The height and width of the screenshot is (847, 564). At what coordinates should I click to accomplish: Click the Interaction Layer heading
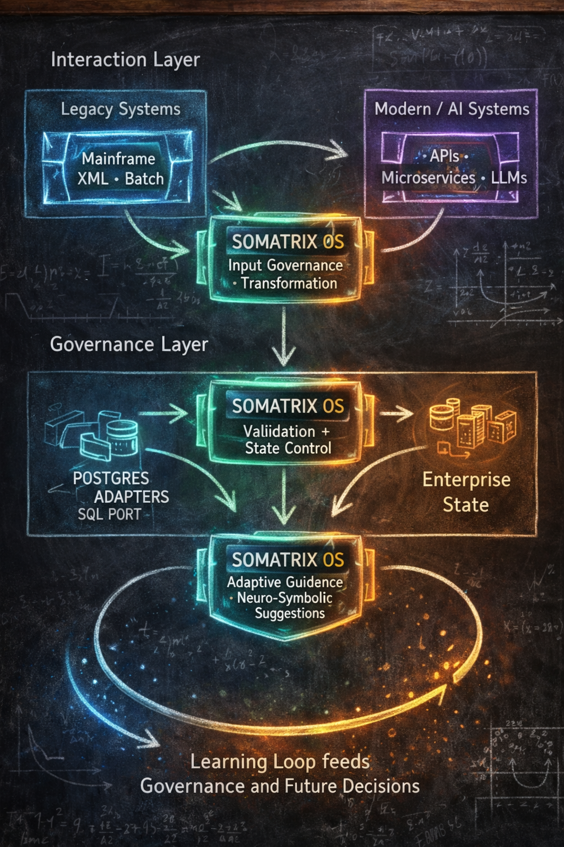(125, 60)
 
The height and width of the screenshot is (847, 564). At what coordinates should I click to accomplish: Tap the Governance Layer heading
(129, 345)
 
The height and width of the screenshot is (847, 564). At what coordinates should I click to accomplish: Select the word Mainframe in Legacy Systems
(118, 159)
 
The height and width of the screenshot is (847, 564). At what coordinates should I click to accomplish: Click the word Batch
(144, 179)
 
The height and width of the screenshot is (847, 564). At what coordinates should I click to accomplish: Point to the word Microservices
(429, 178)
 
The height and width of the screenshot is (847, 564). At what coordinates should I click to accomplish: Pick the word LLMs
(509, 178)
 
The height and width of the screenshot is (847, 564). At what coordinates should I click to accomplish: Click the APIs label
(444, 157)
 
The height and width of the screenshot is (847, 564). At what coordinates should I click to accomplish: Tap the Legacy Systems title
(121, 109)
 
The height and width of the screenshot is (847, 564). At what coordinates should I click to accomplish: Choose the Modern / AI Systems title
(452, 109)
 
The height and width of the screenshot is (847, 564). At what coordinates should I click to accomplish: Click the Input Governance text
(285, 266)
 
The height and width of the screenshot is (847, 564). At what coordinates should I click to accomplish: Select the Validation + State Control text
(288, 439)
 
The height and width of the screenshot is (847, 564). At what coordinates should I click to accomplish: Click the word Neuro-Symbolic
(285, 598)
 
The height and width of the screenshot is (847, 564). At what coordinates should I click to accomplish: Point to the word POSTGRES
(111, 478)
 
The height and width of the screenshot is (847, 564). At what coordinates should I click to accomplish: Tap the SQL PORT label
(109, 514)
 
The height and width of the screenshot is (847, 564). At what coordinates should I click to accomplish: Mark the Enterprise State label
(466, 492)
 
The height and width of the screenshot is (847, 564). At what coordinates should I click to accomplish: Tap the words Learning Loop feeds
(280, 762)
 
